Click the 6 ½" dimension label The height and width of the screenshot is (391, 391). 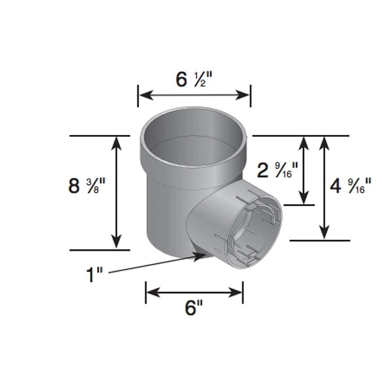[194, 80]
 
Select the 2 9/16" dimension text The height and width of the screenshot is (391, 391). [278, 171]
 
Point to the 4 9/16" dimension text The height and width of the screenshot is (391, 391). [351, 186]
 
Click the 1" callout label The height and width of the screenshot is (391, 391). [94, 275]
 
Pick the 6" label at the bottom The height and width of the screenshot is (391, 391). [194, 308]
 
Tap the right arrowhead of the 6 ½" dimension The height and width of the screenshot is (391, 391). [242, 95]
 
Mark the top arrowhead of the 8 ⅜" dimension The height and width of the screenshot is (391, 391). [117, 143]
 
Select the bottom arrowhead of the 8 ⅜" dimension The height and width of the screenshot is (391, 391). [117, 241]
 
